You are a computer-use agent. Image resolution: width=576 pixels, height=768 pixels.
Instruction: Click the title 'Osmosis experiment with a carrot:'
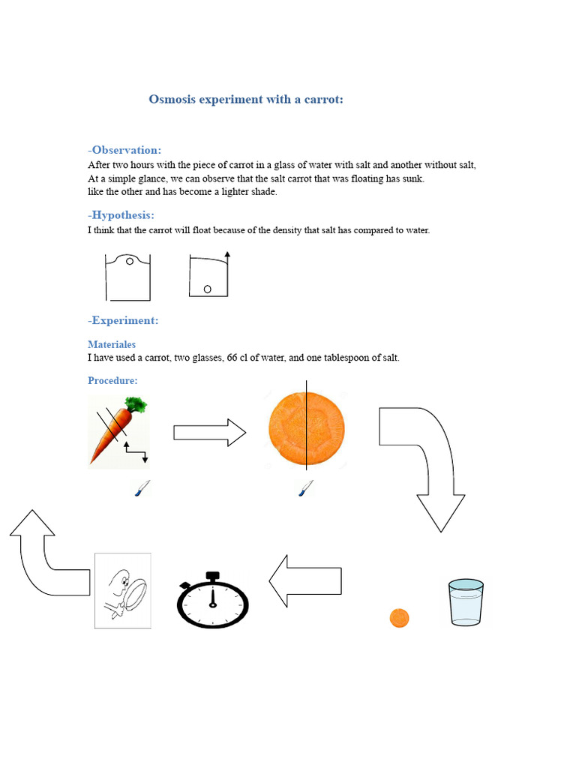246,99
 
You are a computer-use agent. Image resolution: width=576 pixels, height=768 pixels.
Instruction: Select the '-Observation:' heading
124,150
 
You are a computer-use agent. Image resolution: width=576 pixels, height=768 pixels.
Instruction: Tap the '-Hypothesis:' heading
121,215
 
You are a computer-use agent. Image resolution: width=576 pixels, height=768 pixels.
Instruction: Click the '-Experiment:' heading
123,320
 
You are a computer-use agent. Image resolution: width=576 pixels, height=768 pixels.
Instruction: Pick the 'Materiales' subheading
112,344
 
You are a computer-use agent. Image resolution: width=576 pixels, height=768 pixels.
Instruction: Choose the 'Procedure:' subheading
112,380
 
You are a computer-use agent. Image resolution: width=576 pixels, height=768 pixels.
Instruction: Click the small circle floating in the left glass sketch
130,262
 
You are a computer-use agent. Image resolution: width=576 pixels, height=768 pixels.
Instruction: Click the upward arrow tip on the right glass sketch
226,256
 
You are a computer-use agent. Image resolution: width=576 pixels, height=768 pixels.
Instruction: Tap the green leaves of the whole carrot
136,408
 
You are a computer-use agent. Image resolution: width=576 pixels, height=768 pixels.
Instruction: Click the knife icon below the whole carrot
142,489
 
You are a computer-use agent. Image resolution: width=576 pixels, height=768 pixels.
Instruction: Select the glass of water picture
466,601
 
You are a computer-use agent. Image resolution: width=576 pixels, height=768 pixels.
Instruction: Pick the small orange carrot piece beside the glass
400,618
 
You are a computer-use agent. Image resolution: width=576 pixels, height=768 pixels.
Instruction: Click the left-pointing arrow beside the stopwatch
304,581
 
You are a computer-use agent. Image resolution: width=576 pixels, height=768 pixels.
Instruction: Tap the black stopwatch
213,601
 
